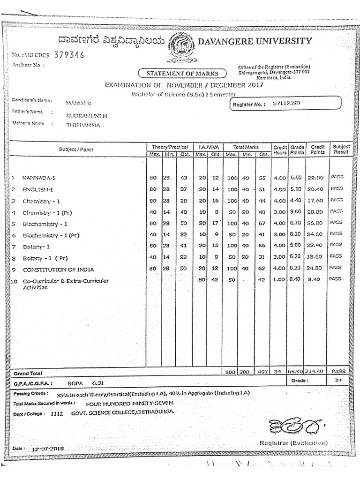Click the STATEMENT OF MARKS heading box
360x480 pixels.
[182, 73]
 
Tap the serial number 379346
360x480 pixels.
[69, 55]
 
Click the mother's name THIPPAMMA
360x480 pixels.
[83, 125]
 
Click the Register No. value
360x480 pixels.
[287, 103]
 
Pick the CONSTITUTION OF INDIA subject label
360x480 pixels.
[58, 270]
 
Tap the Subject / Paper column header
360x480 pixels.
[76, 150]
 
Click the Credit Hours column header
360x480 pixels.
[280, 150]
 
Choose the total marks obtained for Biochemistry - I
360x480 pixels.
[262, 224]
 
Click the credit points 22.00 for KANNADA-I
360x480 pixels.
[315, 178]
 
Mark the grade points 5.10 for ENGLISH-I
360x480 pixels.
[296, 189]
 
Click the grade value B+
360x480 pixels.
[338, 381]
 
